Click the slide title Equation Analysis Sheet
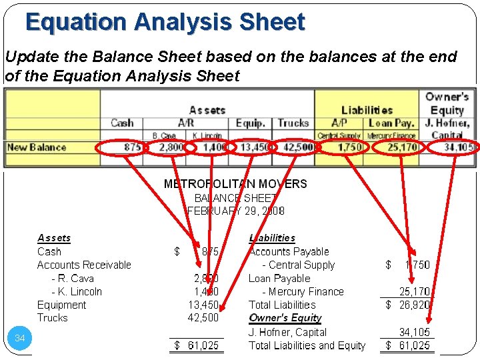point(165,22)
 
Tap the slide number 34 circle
point(20,339)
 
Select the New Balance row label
point(37,147)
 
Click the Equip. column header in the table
point(250,123)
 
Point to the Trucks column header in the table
point(293,123)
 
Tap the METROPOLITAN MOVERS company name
point(235,184)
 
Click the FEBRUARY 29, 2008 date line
point(236,211)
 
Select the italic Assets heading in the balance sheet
point(54,238)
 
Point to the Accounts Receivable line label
point(84,265)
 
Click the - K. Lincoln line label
point(77,291)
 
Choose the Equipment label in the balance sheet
point(61,305)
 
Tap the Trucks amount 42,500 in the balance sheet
point(203,318)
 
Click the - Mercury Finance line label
point(303,291)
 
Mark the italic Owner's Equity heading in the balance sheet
point(285,318)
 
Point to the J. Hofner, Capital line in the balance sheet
point(287,332)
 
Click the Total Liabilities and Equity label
point(307,345)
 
